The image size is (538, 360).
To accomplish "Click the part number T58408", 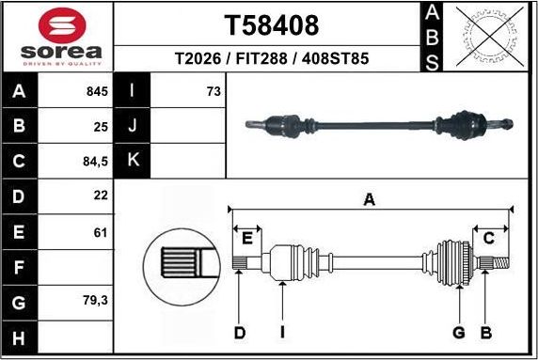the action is click(271, 23).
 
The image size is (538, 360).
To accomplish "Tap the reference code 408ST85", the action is click(337, 58).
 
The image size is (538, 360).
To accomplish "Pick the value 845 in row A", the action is click(97, 92).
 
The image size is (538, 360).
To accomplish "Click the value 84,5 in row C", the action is click(96, 161).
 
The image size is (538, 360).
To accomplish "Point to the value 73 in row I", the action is click(213, 92).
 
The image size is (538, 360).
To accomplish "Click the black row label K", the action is click(133, 160).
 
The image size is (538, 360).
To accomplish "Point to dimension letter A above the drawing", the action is click(370, 198).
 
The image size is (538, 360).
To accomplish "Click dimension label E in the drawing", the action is click(248, 236).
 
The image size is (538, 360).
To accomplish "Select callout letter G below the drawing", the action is click(459, 332).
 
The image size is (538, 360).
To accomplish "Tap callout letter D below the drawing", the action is click(240, 332).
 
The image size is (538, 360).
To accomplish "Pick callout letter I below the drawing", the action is click(282, 332).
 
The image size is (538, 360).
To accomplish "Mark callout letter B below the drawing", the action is click(486, 332).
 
